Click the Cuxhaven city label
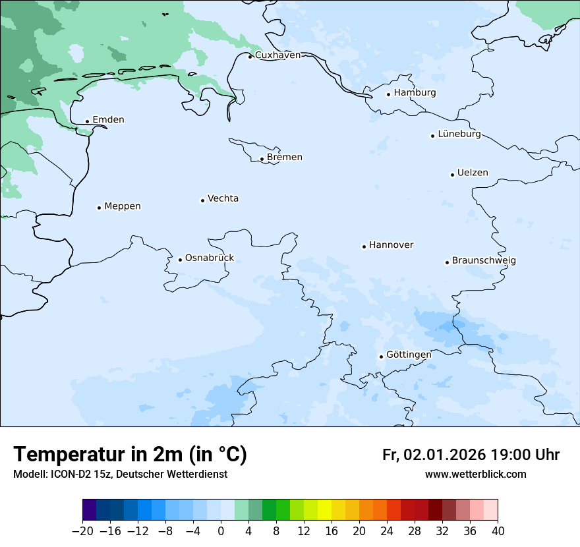(277, 55)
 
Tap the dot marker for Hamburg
(388, 94)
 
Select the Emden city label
(108, 120)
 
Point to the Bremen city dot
(262, 159)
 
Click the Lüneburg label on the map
(459, 134)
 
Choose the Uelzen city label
(473, 173)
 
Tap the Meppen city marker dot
(99, 208)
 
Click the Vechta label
(223, 199)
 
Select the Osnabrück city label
(210, 258)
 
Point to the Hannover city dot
(364, 246)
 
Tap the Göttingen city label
(409, 355)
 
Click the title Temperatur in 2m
(130, 455)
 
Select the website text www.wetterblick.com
(475, 475)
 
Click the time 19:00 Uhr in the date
(525, 455)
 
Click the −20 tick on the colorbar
(82, 531)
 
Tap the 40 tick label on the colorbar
(498, 531)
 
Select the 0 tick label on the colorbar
(221, 531)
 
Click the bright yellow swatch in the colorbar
(324, 510)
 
